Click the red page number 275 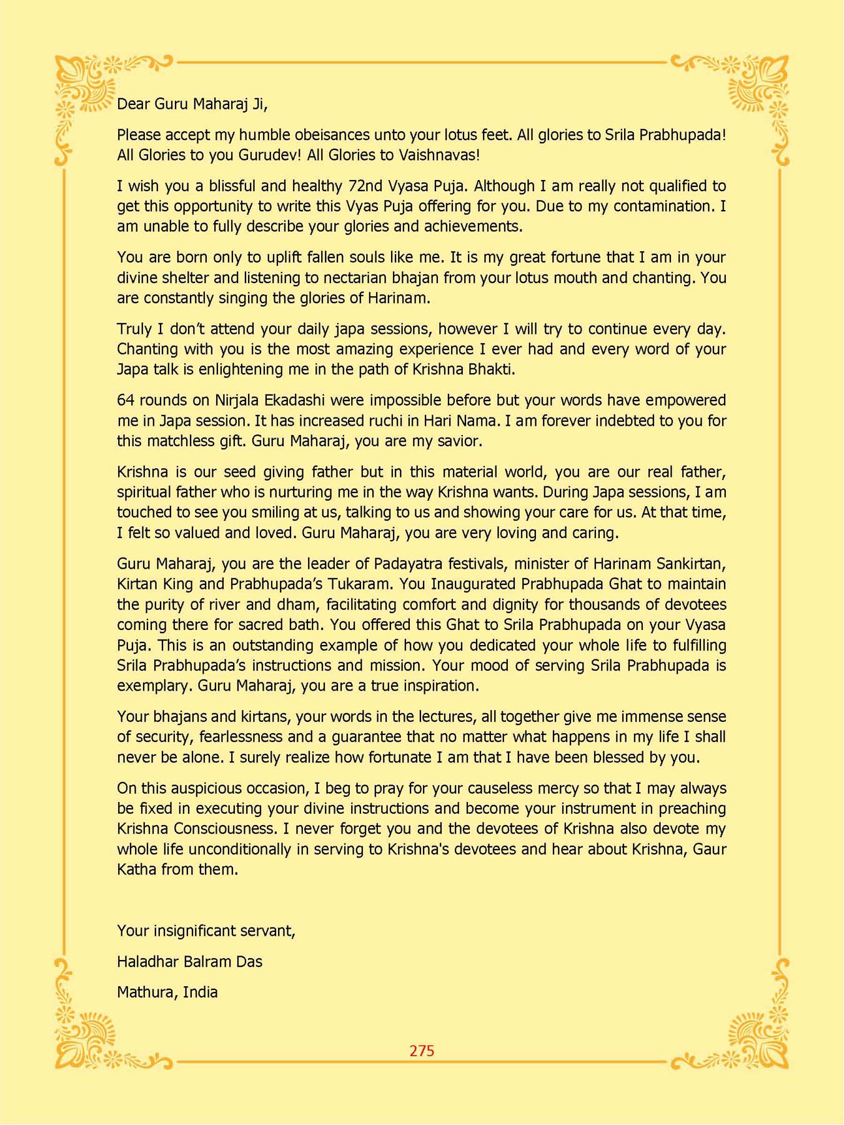click(422, 1051)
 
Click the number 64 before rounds click(126, 400)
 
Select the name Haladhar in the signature click(147, 961)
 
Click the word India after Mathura click(200, 992)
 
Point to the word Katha click(136, 869)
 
